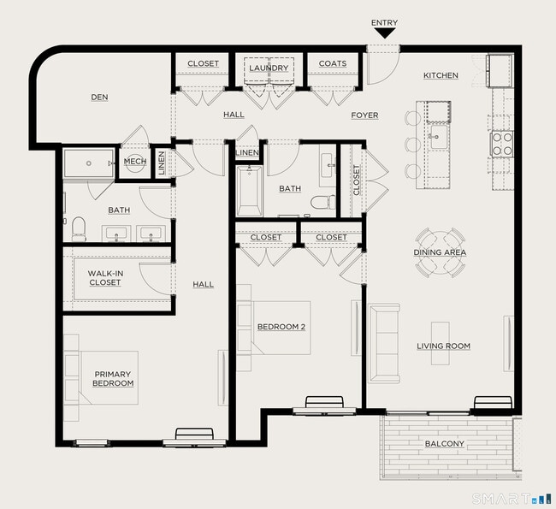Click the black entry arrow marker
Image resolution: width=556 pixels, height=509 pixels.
coord(384,33)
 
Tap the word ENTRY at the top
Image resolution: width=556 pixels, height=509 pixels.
coord(384,23)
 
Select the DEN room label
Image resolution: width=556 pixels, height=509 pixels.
coord(100,98)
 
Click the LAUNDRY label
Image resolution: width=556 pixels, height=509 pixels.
coord(269,67)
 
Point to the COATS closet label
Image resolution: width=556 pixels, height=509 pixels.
coord(332,64)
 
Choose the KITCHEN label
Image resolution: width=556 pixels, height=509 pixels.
coord(441,75)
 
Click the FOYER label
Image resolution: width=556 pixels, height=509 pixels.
coord(364,115)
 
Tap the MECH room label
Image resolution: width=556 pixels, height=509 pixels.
coord(135,161)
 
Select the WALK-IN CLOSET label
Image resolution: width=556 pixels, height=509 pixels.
coord(104,277)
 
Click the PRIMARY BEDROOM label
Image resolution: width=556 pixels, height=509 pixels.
coord(114,378)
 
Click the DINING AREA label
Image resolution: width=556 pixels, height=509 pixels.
coord(440,252)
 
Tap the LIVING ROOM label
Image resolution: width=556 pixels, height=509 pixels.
coord(443,346)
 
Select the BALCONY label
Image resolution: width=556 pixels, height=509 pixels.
coord(444,443)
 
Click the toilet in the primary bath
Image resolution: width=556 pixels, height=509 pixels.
coord(79,228)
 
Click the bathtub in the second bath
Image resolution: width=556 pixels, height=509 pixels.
coord(250,191)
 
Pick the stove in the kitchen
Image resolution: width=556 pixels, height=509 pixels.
coord(501,142)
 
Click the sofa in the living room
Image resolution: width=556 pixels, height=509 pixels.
coord(382,342)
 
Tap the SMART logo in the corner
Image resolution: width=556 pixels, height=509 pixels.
coord(512,498)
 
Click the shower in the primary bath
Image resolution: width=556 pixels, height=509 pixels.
coord(88,163)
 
